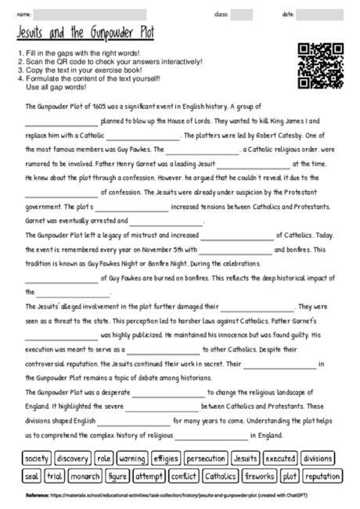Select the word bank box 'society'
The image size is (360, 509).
(x=37, y=458)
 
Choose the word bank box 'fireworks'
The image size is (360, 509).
(x=259, y=475)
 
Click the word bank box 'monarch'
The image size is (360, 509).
(x=85, y=475)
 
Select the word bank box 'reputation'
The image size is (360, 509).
(x=322, y=475)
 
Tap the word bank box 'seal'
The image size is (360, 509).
(x=31, y=475)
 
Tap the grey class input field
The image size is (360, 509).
(x=242, y=14)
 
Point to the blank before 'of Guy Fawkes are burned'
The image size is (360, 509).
(x=61, y=278)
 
